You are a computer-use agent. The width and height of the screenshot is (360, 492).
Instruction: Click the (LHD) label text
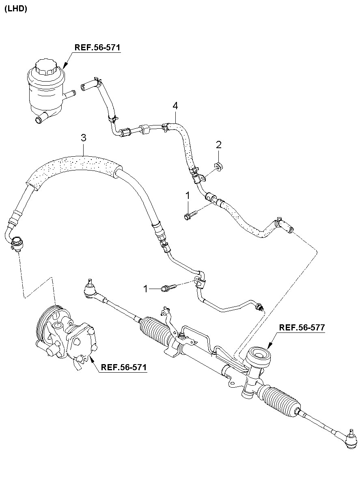point(15,9)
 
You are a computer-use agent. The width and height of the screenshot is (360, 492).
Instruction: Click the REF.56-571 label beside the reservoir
point(97,47)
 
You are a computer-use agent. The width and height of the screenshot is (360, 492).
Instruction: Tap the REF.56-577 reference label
point(302,328)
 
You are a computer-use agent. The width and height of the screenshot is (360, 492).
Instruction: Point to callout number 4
point(175,106)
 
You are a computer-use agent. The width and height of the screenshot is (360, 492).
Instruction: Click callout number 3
point(83,138)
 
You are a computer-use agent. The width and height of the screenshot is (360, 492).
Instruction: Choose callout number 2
point(218,144)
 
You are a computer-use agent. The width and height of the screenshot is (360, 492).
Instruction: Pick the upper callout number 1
point(188,196)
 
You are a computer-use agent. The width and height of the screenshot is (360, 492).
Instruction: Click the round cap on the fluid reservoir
point(45,67)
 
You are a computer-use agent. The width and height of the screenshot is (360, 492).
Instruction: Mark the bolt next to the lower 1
point(168,288)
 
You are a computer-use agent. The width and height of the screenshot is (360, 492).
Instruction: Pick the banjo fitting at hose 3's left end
point(17,243)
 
